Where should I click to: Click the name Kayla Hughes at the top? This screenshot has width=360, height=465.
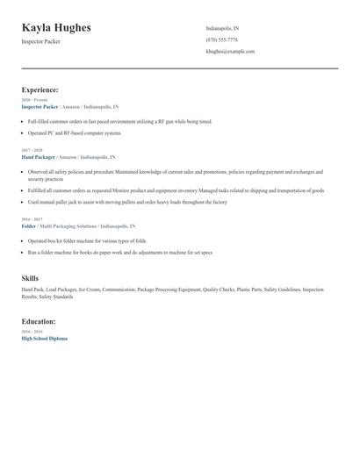coord(56,28)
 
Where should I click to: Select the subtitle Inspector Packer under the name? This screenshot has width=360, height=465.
coord(41,42)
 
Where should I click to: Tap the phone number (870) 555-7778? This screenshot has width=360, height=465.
coord(221,39)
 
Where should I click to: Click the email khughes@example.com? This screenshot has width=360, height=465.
coord(230,51)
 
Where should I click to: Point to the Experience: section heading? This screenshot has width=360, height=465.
coord(40,89)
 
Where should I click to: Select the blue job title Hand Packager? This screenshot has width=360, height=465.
coord(39,156)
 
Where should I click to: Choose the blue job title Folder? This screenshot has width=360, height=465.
coord(29,225)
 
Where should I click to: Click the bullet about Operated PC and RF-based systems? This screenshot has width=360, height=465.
coord(74,132)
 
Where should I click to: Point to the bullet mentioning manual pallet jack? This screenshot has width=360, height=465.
coord(126,202)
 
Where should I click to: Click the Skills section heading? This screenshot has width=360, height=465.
coord(30,278)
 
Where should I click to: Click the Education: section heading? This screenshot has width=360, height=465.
coord(40,321)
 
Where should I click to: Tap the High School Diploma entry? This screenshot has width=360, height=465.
coord(44,338)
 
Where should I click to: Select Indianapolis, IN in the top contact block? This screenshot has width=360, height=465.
coord(222,28)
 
